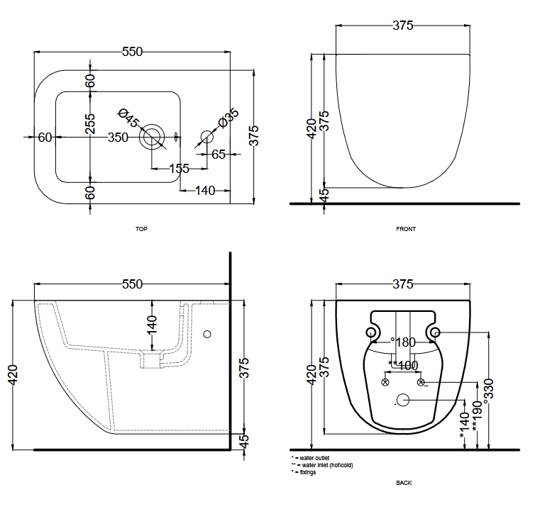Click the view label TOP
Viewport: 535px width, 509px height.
(140, 229)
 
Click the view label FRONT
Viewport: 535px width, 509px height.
(406, 229)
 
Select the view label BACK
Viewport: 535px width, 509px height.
(404, 483)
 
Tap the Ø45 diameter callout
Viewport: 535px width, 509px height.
(128, 118)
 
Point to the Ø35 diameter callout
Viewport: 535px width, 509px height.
(228, 118)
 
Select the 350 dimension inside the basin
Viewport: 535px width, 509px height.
(118, 137)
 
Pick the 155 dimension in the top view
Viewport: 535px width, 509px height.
(179, 169)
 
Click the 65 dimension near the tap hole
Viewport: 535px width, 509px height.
(218, 153)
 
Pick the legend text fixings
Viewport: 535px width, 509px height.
(308, 472)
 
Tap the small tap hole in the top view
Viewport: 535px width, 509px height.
(206, 136)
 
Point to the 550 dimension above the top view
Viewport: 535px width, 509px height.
(133, 52)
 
